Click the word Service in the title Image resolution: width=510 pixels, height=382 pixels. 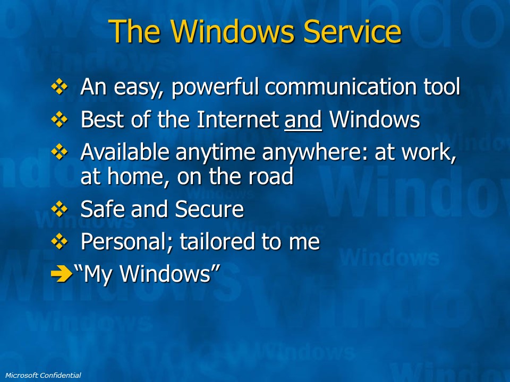[352, 31]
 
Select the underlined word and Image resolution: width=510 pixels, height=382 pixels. [303, 119]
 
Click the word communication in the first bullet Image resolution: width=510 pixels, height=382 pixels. [340, 86]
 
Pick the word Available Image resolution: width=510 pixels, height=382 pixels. [125, 152]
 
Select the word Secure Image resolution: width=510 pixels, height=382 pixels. [209, 209]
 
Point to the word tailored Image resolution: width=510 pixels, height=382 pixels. [218, 241]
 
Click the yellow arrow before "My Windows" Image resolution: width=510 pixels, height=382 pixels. [62, 274]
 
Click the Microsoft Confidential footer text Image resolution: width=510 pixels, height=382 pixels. [43, 375]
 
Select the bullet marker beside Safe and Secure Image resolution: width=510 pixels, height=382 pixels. [59, 209]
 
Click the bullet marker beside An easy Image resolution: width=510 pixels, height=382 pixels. [59, 86]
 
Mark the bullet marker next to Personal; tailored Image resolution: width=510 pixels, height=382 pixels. [59, 241]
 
